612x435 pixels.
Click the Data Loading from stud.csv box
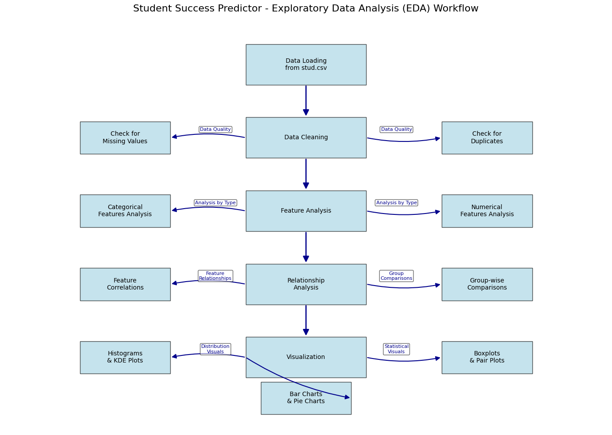click(306, 65)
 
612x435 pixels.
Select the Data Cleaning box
click(306, 137)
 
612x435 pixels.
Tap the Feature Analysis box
click(306, 211)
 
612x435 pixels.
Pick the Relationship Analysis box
click(306, 284)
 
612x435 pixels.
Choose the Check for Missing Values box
click(125, 138)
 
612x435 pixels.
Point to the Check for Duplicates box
click(487, 138)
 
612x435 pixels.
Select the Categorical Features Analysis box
click(125, 211)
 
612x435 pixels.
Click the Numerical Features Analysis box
click(487, 211)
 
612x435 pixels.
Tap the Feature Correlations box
click(125, 284)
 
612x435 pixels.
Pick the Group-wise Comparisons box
click(487, 284)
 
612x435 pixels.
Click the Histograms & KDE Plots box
click(125, 357)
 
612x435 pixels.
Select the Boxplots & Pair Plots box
click(487, 357)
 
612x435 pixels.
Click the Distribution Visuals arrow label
click(215, 349)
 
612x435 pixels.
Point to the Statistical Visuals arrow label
click(396, 349)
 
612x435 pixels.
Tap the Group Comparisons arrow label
click(396, 276)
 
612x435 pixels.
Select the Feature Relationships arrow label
click(215, 276)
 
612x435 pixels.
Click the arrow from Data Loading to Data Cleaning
click(306, 101)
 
